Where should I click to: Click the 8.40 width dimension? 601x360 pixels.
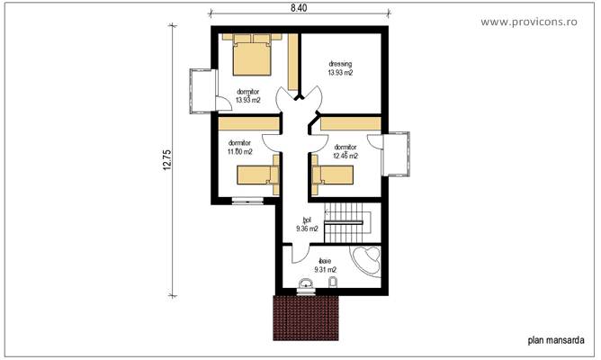299,8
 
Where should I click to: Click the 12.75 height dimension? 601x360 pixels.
167,160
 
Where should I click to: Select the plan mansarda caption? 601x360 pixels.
555,341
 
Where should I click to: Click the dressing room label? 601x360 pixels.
340,67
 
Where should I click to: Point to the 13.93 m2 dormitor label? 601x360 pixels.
248,95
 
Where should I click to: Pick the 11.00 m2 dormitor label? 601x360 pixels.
239,147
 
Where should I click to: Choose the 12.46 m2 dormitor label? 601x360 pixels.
345,151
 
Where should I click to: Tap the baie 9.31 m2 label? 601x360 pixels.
325,265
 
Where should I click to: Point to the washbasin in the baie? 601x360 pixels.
306,287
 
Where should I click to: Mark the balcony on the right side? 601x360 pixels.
397,152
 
